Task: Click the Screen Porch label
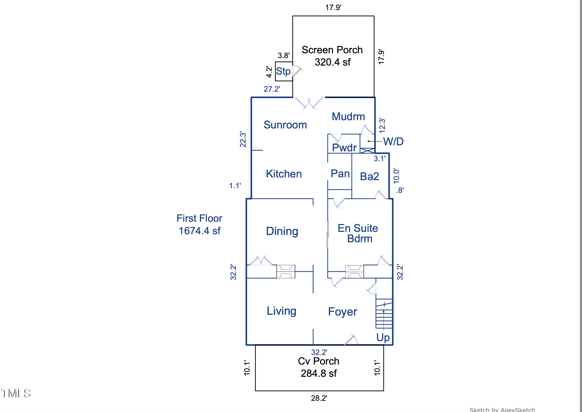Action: coord(332,50)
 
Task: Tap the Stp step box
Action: coord(284,71)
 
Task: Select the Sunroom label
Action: coord(285,125)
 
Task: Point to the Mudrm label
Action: coord(348,116)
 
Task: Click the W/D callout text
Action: coord(393,142)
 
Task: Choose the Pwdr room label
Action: coord(344,148)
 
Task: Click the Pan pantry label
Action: coord(340,173)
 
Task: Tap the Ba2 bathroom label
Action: coord(369,176)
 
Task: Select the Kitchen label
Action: coord(284,174)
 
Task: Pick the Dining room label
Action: coord(282,231)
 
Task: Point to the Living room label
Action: coord(281,311)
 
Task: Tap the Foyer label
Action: coord(342,312)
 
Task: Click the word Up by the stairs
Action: coord(383,338)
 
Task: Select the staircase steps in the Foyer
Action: coord(384,314)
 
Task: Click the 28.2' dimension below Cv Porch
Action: coord(319,398)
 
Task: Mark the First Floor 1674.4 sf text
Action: coord(199,224)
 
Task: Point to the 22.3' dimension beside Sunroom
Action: coord(243,139)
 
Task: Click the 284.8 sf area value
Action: coord(319,373)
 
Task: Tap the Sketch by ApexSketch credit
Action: coord(502,410)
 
